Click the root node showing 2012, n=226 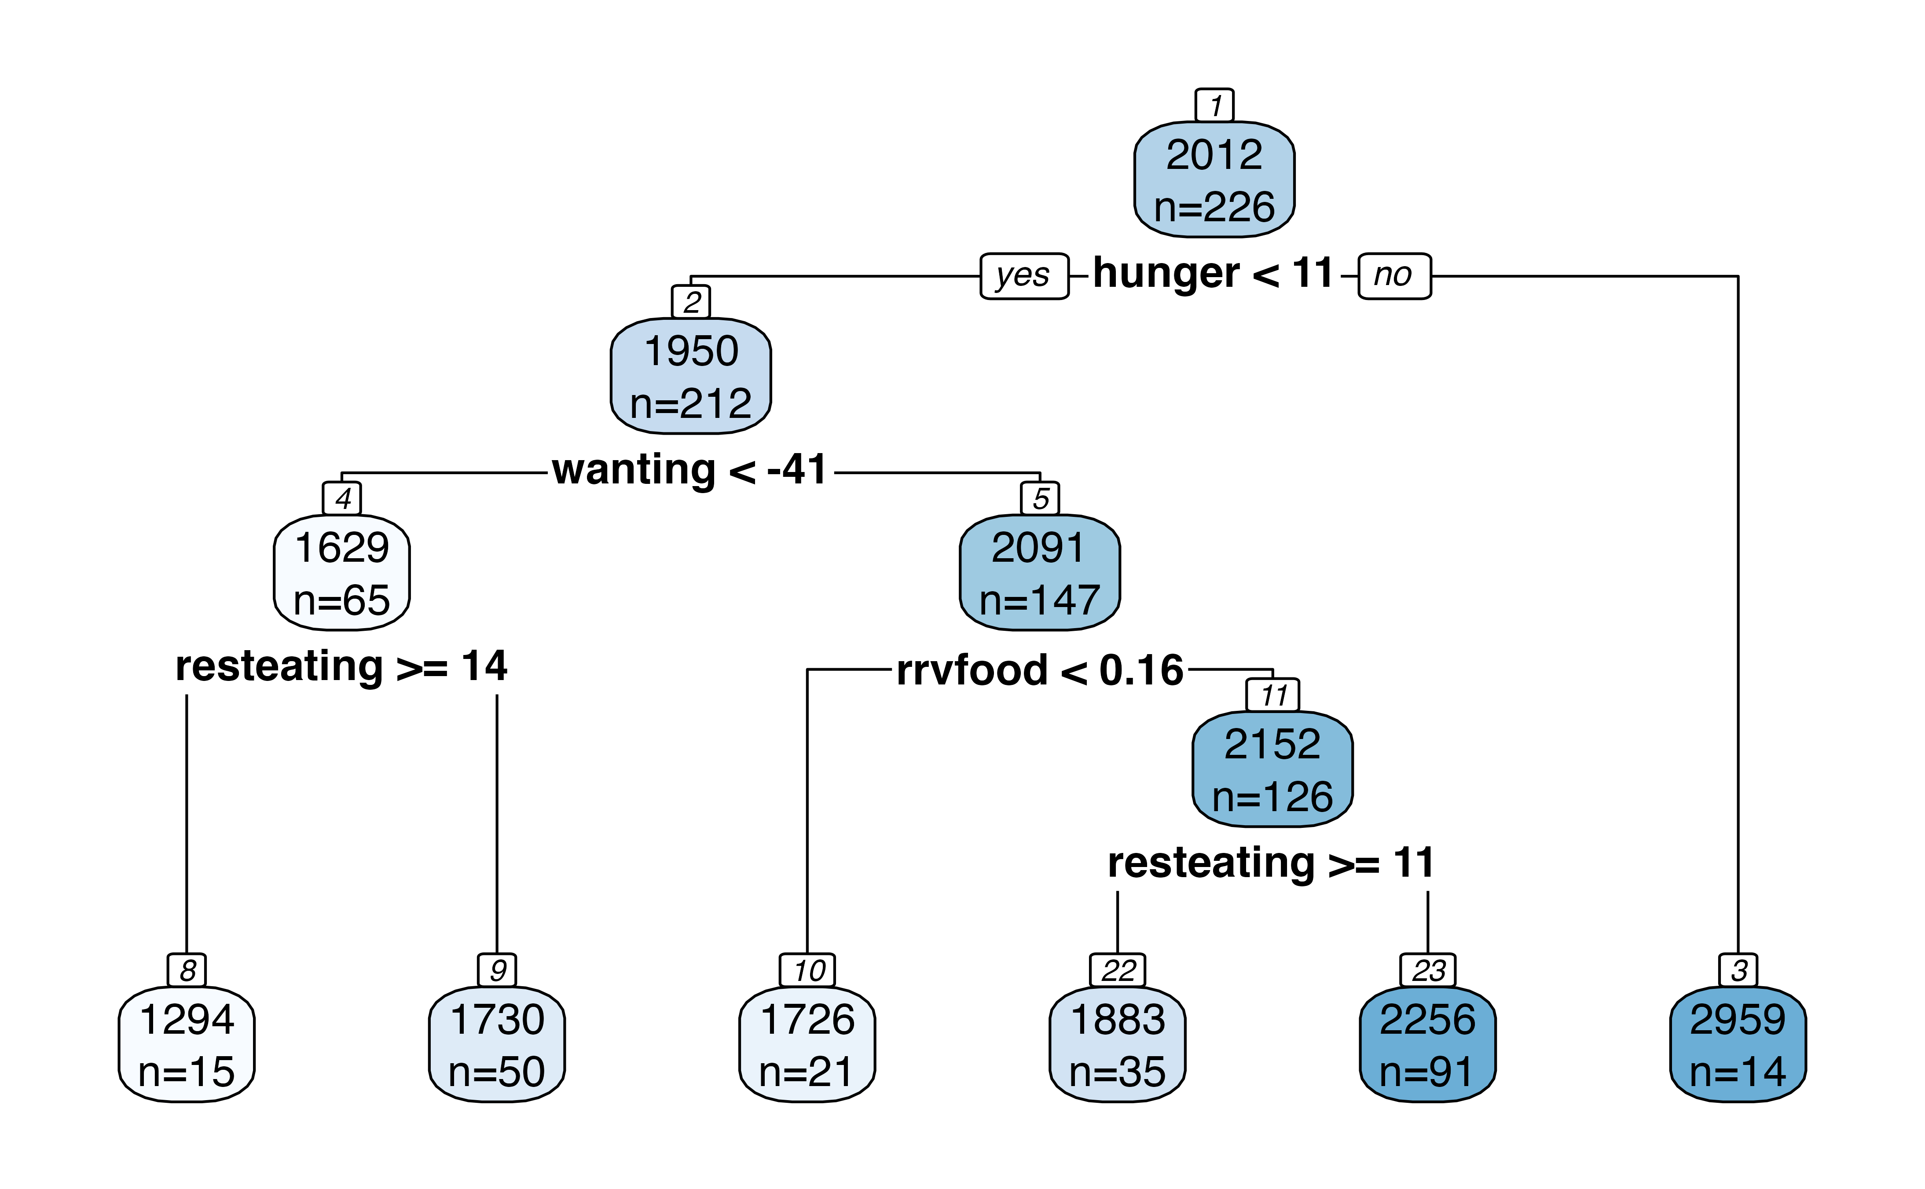pos(1214,179)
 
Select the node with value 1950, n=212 pos(690,376)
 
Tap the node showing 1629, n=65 pos(341,572)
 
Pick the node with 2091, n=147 pos(1040,572)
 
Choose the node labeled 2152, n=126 pos(1272,769)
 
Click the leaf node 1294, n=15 pos(187,1044)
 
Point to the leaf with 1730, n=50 pos(497,1044)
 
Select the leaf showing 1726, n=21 pos(807,1044)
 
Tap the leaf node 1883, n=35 pos(1118,1044)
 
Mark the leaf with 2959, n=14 pos(1738,1044)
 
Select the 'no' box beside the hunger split pos(1395,276)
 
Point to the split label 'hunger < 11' pos(1214,274)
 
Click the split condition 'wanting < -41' pos(689,470)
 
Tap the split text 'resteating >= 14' pos(341,667)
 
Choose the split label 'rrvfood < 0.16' pos(1040,670)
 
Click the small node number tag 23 pos(1428,970)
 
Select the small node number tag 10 pos(807,970)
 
